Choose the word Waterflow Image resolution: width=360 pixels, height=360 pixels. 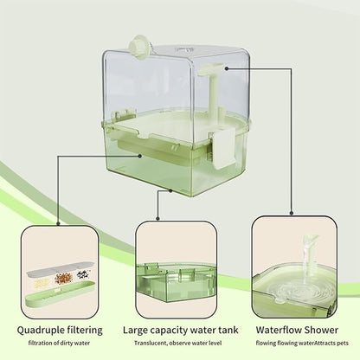click(282, 330)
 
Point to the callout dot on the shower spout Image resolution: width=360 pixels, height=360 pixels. click(228, 66)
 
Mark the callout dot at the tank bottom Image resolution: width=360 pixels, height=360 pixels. click(171, 189)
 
